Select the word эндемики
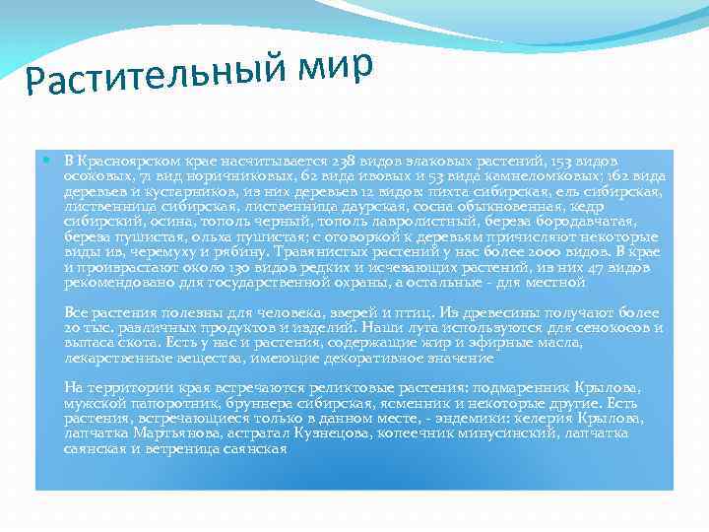[x=480, y=419]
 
